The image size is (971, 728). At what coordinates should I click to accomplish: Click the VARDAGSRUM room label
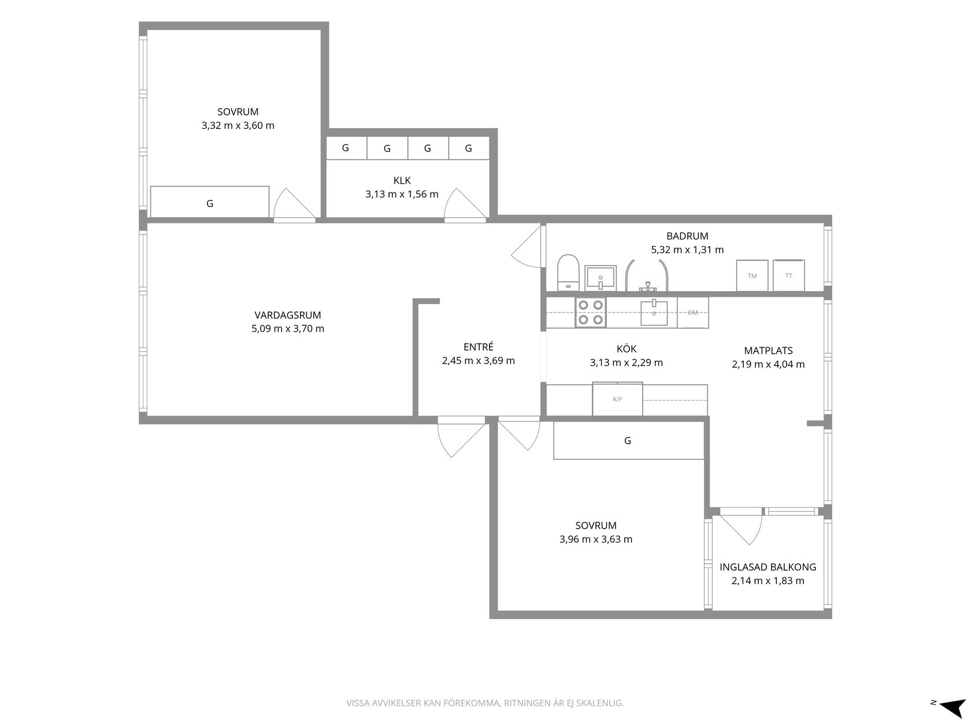point(287,315)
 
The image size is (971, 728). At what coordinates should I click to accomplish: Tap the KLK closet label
point(402,180)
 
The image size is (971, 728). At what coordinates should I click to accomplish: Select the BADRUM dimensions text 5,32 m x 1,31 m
point(687,250)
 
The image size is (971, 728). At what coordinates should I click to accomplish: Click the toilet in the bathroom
point(568,273)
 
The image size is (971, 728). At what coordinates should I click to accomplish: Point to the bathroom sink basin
point(601,278)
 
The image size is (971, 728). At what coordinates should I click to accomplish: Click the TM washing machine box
point(752,276)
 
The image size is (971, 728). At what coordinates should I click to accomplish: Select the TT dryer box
point(789,276)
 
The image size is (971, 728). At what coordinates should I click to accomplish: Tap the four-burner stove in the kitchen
point(591,312)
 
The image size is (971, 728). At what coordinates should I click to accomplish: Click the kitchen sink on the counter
point(654,313)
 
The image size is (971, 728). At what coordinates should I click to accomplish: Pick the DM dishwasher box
point(693,313)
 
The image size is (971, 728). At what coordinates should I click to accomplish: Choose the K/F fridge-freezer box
point(617,399)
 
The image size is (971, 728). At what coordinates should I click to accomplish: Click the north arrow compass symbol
point(952,707)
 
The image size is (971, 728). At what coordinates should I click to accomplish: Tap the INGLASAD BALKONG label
point(768,567)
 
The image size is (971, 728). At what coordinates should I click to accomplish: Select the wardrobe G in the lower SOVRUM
point(629,441)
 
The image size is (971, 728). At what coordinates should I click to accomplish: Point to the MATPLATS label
point(768,351)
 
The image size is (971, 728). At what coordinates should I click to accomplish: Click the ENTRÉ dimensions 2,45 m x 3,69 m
point(478,361)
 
